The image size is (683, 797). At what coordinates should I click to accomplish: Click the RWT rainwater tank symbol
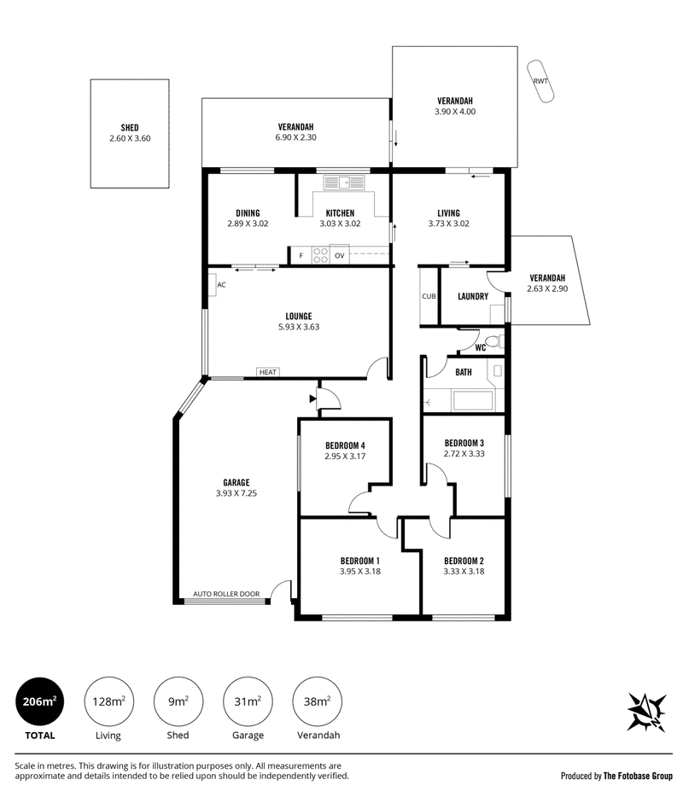[x=540, y=81]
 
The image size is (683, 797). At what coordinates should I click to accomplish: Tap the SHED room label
[x=130, y=128]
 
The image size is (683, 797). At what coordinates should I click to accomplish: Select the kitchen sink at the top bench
[x=344, y=182]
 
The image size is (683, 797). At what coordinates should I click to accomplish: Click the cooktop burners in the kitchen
[x=320, y=255]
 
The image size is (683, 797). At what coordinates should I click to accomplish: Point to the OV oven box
[x=339, y=255]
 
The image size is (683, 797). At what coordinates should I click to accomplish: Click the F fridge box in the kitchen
[x=301, y=256]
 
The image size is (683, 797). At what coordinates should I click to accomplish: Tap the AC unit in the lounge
[x=212, y=285]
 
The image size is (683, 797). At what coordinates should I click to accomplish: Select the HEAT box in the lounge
[x=268, y=372]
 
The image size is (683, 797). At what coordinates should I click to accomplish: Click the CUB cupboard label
[x=429, y=296]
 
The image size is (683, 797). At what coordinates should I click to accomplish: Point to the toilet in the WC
[x=493, y=340]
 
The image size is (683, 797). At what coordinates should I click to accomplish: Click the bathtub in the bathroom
[x=474, y=400]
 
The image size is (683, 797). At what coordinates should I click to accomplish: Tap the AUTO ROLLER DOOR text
[x=226, y=594]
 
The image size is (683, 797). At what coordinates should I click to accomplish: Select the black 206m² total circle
[x=39, y=701]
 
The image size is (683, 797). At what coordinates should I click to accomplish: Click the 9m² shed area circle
[x=178, y=701]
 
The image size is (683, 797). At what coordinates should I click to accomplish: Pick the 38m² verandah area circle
[x=318, y=701]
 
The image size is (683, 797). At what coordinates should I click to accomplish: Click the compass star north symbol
[x=647, y=712]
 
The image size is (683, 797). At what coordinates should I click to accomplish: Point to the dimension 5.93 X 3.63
[x=299, y=327]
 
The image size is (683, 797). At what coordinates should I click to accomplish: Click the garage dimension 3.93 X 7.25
[x=236, y=493]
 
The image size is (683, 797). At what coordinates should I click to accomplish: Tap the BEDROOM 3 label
[x=464, y=443]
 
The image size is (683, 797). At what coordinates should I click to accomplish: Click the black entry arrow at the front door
[x=312, y=399]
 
